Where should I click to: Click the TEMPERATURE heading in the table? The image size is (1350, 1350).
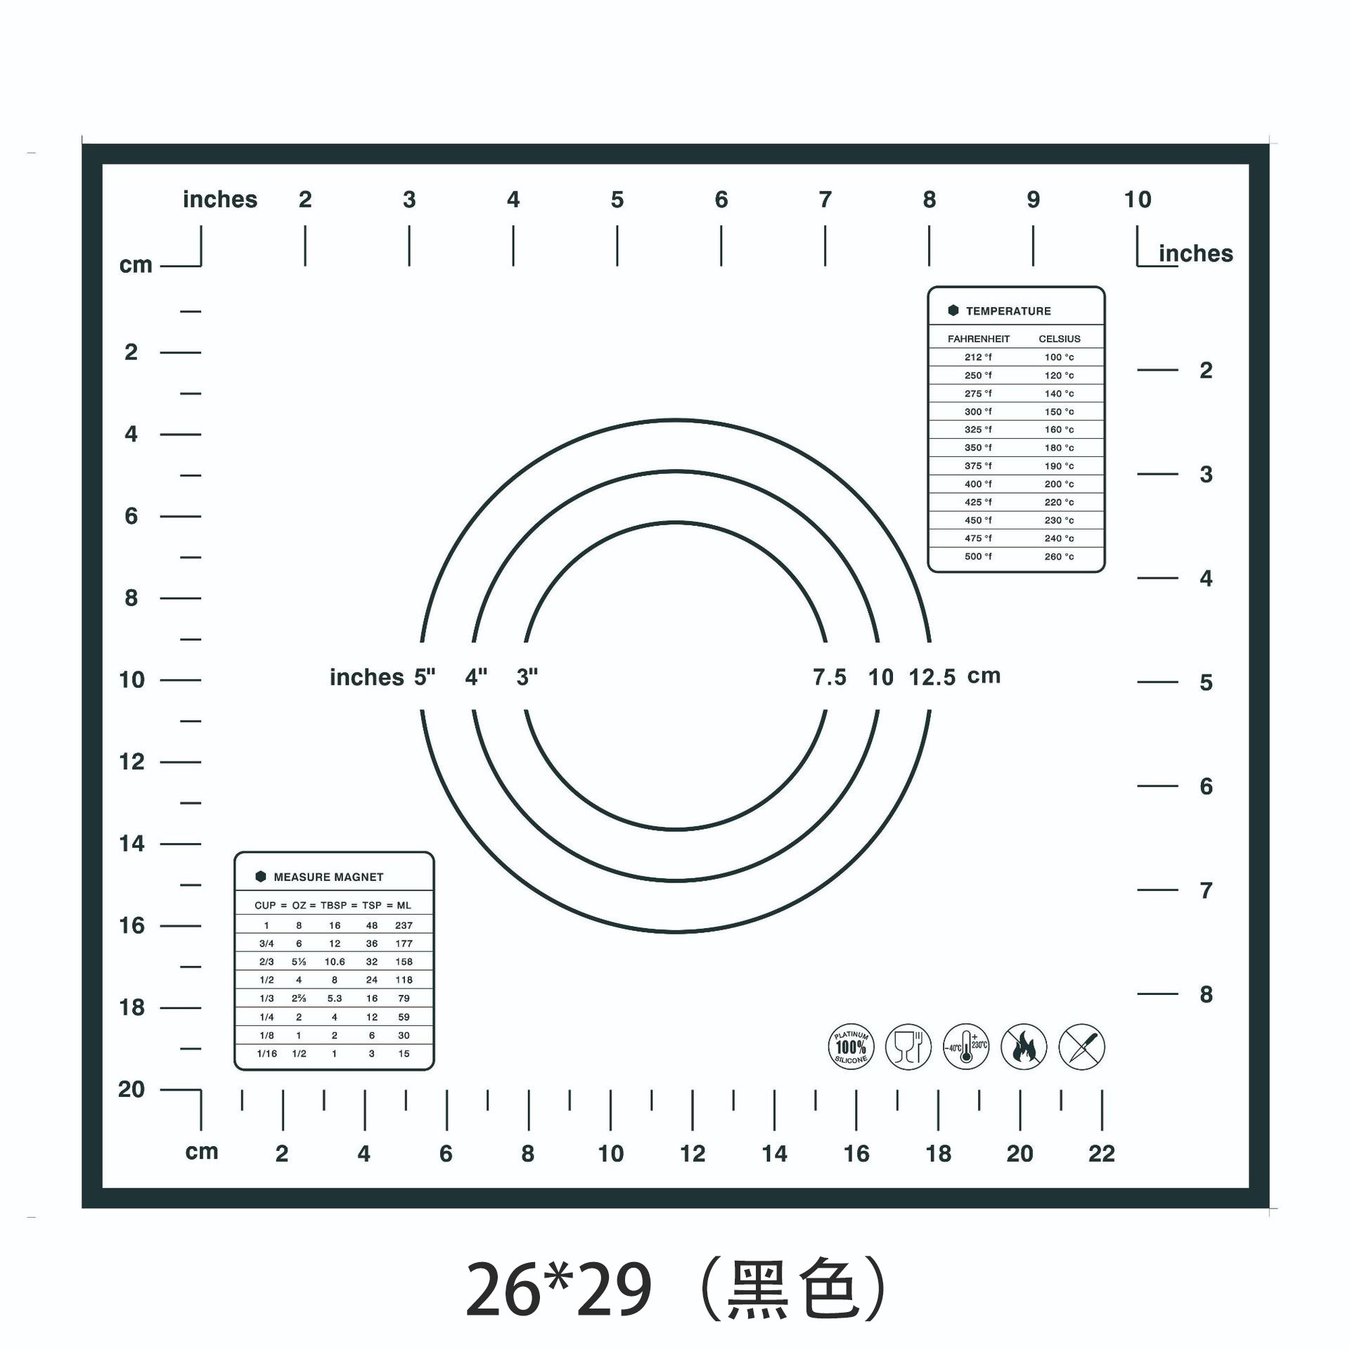(x=1008, y=311)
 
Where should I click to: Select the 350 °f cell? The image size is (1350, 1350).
(x=978, y=447)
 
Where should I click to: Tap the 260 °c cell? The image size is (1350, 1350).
(x=1059, y=556)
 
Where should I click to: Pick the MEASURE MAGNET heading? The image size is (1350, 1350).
(x=328, y=877)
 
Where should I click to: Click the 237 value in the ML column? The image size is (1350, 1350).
(x=404, y=925)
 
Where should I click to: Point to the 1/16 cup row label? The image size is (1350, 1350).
(x=266, y=1053)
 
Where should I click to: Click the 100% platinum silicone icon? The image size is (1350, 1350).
(x=851, y=1047)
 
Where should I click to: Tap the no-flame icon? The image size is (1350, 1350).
(x=1024, y=1047)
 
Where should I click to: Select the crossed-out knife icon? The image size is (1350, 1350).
(x=1081, y=1047)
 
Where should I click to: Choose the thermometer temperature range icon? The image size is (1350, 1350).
(x=966, y=1047)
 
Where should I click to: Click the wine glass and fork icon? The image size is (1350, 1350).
(x=908, y=1047)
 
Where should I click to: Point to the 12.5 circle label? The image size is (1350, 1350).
(x=932, y=677)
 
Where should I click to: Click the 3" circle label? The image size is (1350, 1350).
(x=527, y=677)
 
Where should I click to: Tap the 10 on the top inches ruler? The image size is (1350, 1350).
(x=1138, y=200)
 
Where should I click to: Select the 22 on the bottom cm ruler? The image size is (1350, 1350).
(x=1101, y=1153)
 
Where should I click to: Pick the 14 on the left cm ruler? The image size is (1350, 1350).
(x=131, y=843)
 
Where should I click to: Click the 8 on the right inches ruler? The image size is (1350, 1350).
(x=1206, y=994)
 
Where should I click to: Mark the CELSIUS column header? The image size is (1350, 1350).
(x=1060, y=339)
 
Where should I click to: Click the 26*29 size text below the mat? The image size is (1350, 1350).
(x=558, y=1290)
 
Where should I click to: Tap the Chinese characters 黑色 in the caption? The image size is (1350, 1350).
(x=792, y=1290)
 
